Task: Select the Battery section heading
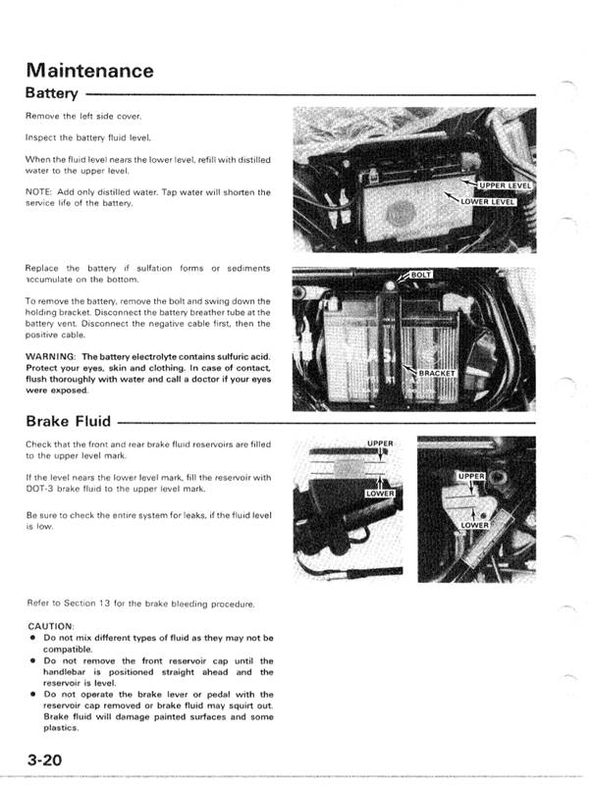(x=55, y=95)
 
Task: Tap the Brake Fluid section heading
(x=69, y=423)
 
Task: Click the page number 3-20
(x=47, y=760)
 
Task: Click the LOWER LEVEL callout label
(x=488, y=203)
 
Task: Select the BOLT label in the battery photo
(x=419, y=276)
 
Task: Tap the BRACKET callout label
(x=437, y=374)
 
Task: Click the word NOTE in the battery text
(x=41, y=192)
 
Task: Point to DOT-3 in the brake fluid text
(x=41, y=488)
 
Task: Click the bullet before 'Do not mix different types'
(x=33, y=638)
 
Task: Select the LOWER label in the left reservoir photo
(x=379, y=493)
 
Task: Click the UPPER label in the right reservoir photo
(x=472, y=476)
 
